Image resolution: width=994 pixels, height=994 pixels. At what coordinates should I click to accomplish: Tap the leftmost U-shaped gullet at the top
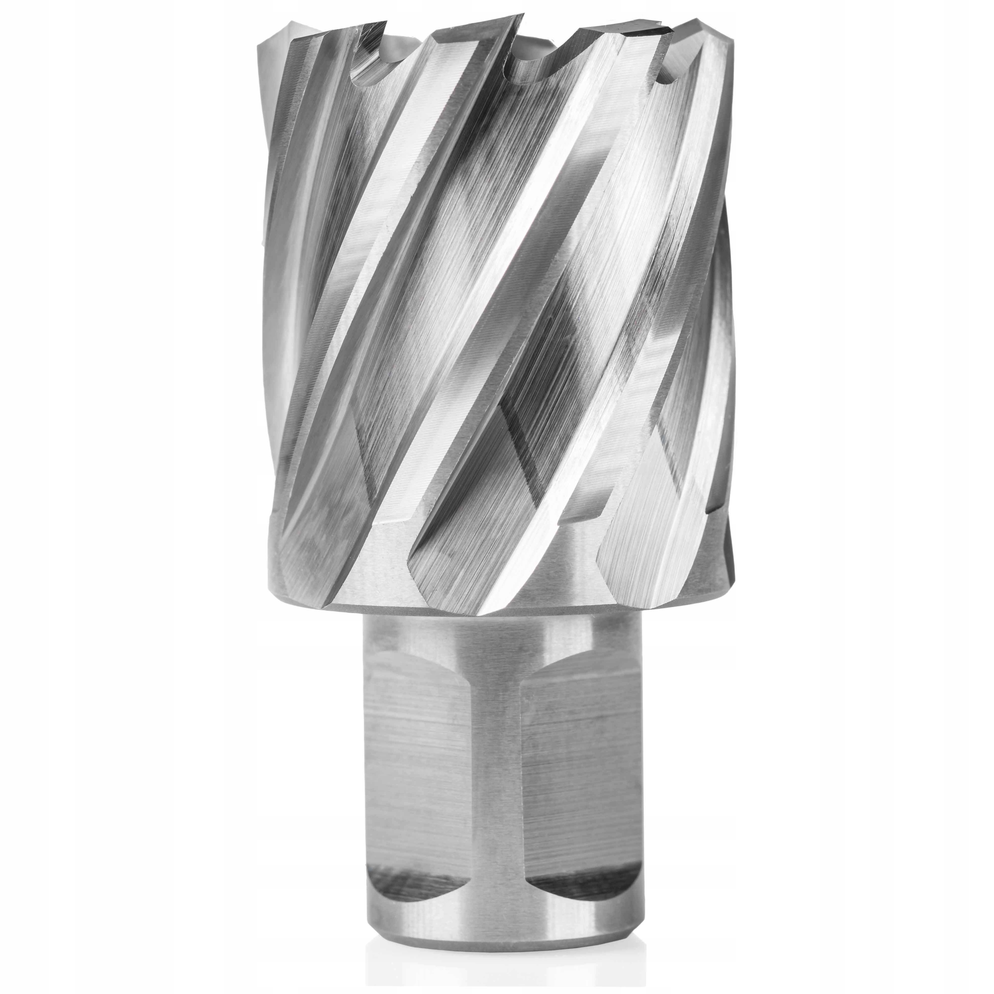368,77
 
